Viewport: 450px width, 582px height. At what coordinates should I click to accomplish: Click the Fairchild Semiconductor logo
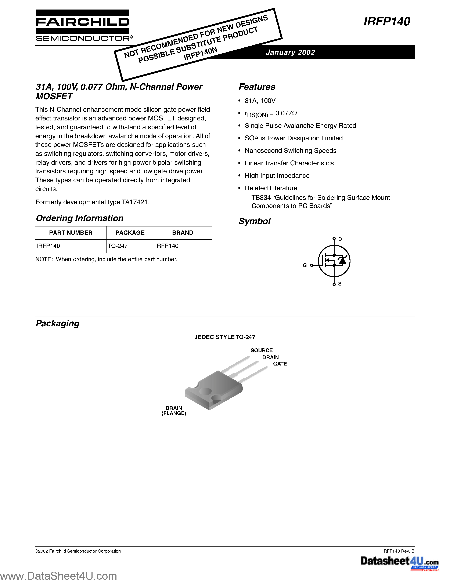pyautogui.click(x=83, y=26)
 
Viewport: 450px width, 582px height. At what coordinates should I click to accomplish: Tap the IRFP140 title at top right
pyautogui.click(x=387, y=21)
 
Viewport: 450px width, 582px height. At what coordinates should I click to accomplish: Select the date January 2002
pyautogui.click(x=290, y=52)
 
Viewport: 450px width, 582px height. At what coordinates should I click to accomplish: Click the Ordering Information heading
pyautogui.click(x=79, y=218)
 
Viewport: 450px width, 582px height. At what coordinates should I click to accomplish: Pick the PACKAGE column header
pyautogui.click(x=130, y=233)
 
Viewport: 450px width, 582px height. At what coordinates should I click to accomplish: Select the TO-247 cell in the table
pyautogui.click(x=118, y=246)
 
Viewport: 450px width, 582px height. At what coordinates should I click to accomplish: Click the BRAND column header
pyautogui.click(x=183, y=233)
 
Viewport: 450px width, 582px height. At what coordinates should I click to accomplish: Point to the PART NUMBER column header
pyautogui.click(x=71, y=233)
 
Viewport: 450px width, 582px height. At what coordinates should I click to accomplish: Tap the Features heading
pyautogui.click(x=257, y=87)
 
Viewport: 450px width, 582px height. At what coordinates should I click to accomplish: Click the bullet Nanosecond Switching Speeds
pyautogui.click(x=290, y=150)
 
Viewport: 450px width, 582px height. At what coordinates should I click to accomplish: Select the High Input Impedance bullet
pyautogui.click(x=277, y=176)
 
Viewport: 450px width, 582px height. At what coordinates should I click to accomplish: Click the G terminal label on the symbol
pyautogui.click(x=305, y=265)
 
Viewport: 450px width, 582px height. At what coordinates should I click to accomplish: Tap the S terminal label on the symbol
pyautogui.click(x=340, y=284)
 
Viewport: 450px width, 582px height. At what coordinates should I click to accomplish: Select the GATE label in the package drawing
pyautogui.click(x=280, y=364)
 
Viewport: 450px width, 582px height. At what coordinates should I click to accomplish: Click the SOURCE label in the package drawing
pyautogui.click(x=262, y=350)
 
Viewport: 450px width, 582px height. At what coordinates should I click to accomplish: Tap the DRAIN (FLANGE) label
pyautogui.click(x=174, y=411)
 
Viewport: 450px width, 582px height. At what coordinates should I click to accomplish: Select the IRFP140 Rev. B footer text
pyautogui.click(x=398, y=551)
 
